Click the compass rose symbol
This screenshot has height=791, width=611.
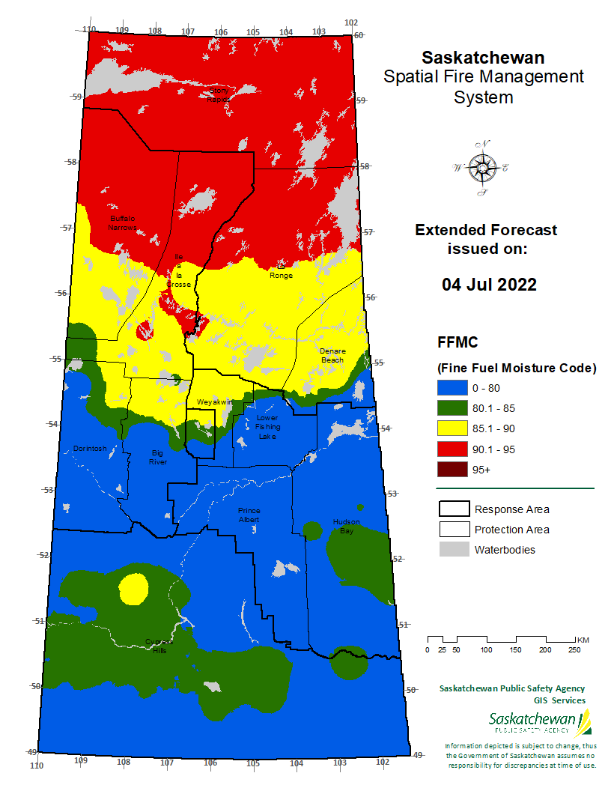[x=480, y=169]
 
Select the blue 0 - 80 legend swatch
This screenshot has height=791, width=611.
[x=452, y=388]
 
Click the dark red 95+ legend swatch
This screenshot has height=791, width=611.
[x=452, y=470]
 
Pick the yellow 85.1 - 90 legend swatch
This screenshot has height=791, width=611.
[x=452, y=428]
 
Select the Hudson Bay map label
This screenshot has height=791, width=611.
[x=346, y=526]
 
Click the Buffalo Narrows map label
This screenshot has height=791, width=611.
[x=122, y=222]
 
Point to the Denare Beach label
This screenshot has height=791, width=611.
[x=332, y=355]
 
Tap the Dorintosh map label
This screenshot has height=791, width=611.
[x=90, y=449]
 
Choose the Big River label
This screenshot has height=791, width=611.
[x=157, y=457]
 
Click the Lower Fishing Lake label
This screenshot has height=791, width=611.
[x=267, y=427]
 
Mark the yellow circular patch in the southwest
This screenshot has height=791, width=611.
[x=133, y=589]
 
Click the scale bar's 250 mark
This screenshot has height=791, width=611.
[x=575, y=649]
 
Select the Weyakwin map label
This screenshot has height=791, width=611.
[x=211, y=402]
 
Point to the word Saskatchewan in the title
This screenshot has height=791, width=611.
[x=483, y=58]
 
